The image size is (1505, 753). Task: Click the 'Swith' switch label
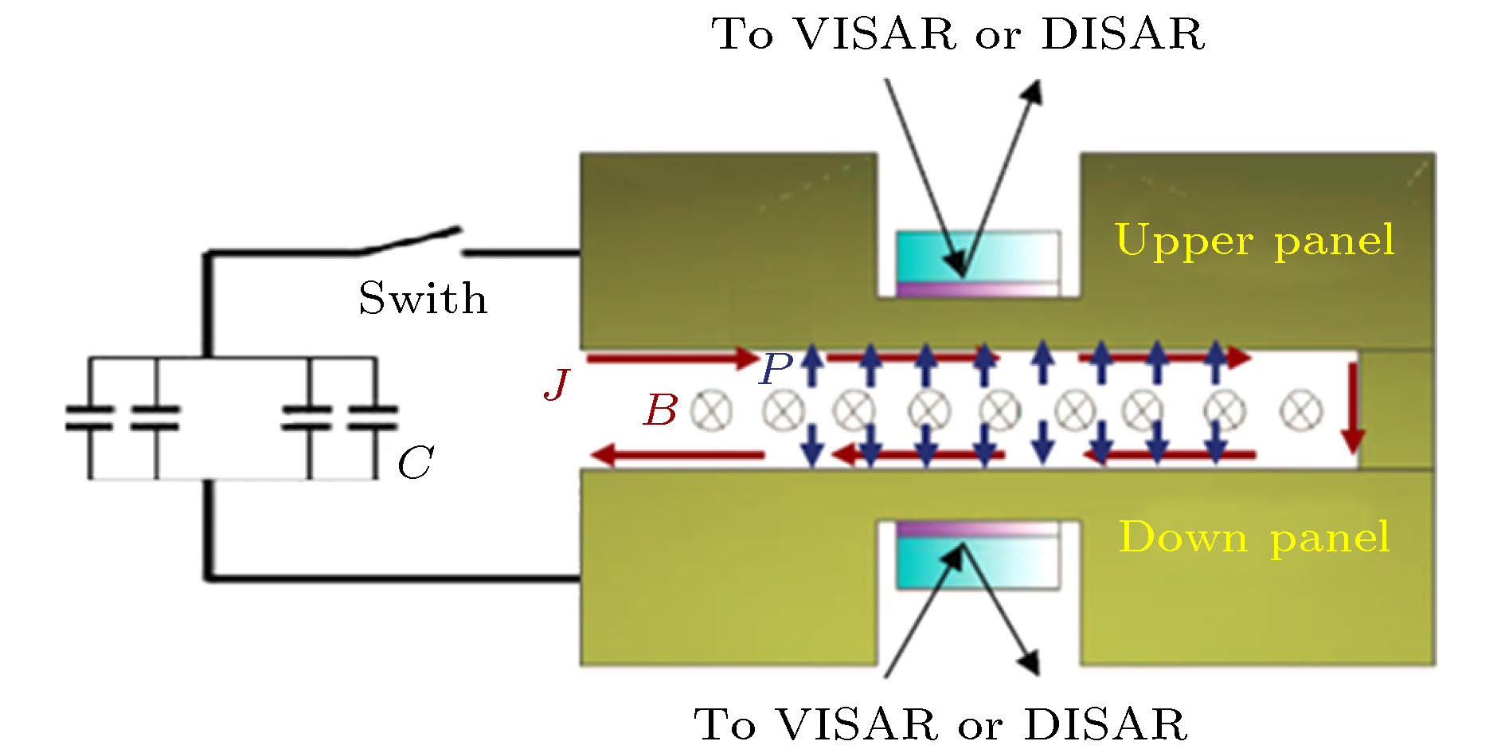coord(423,299)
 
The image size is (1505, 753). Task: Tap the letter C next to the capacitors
coord(415,463)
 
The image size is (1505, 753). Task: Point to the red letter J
coord(557,384)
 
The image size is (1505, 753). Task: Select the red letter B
coord(660,411)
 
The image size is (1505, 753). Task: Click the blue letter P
coord(775,369)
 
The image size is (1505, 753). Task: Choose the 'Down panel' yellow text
coord(1254,537)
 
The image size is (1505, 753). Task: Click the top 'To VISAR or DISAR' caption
coord(958,34)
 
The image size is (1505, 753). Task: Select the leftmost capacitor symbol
coord(89,418)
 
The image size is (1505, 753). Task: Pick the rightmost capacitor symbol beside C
coord(373,418)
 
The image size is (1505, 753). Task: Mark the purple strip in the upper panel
coord(978,289)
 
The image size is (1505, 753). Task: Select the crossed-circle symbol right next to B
coord(710,411)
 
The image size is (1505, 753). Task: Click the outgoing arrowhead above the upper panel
coord(1033,90)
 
